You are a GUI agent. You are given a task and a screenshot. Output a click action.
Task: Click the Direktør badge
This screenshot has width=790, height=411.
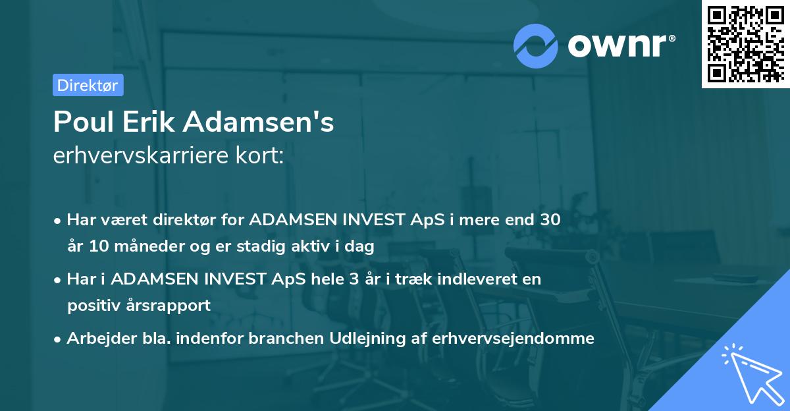pos(88,85)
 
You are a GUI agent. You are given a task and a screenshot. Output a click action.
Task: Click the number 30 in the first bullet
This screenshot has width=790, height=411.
pos(550,220)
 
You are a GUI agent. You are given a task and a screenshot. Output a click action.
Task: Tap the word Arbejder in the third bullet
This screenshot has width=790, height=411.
pos(95,339)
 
